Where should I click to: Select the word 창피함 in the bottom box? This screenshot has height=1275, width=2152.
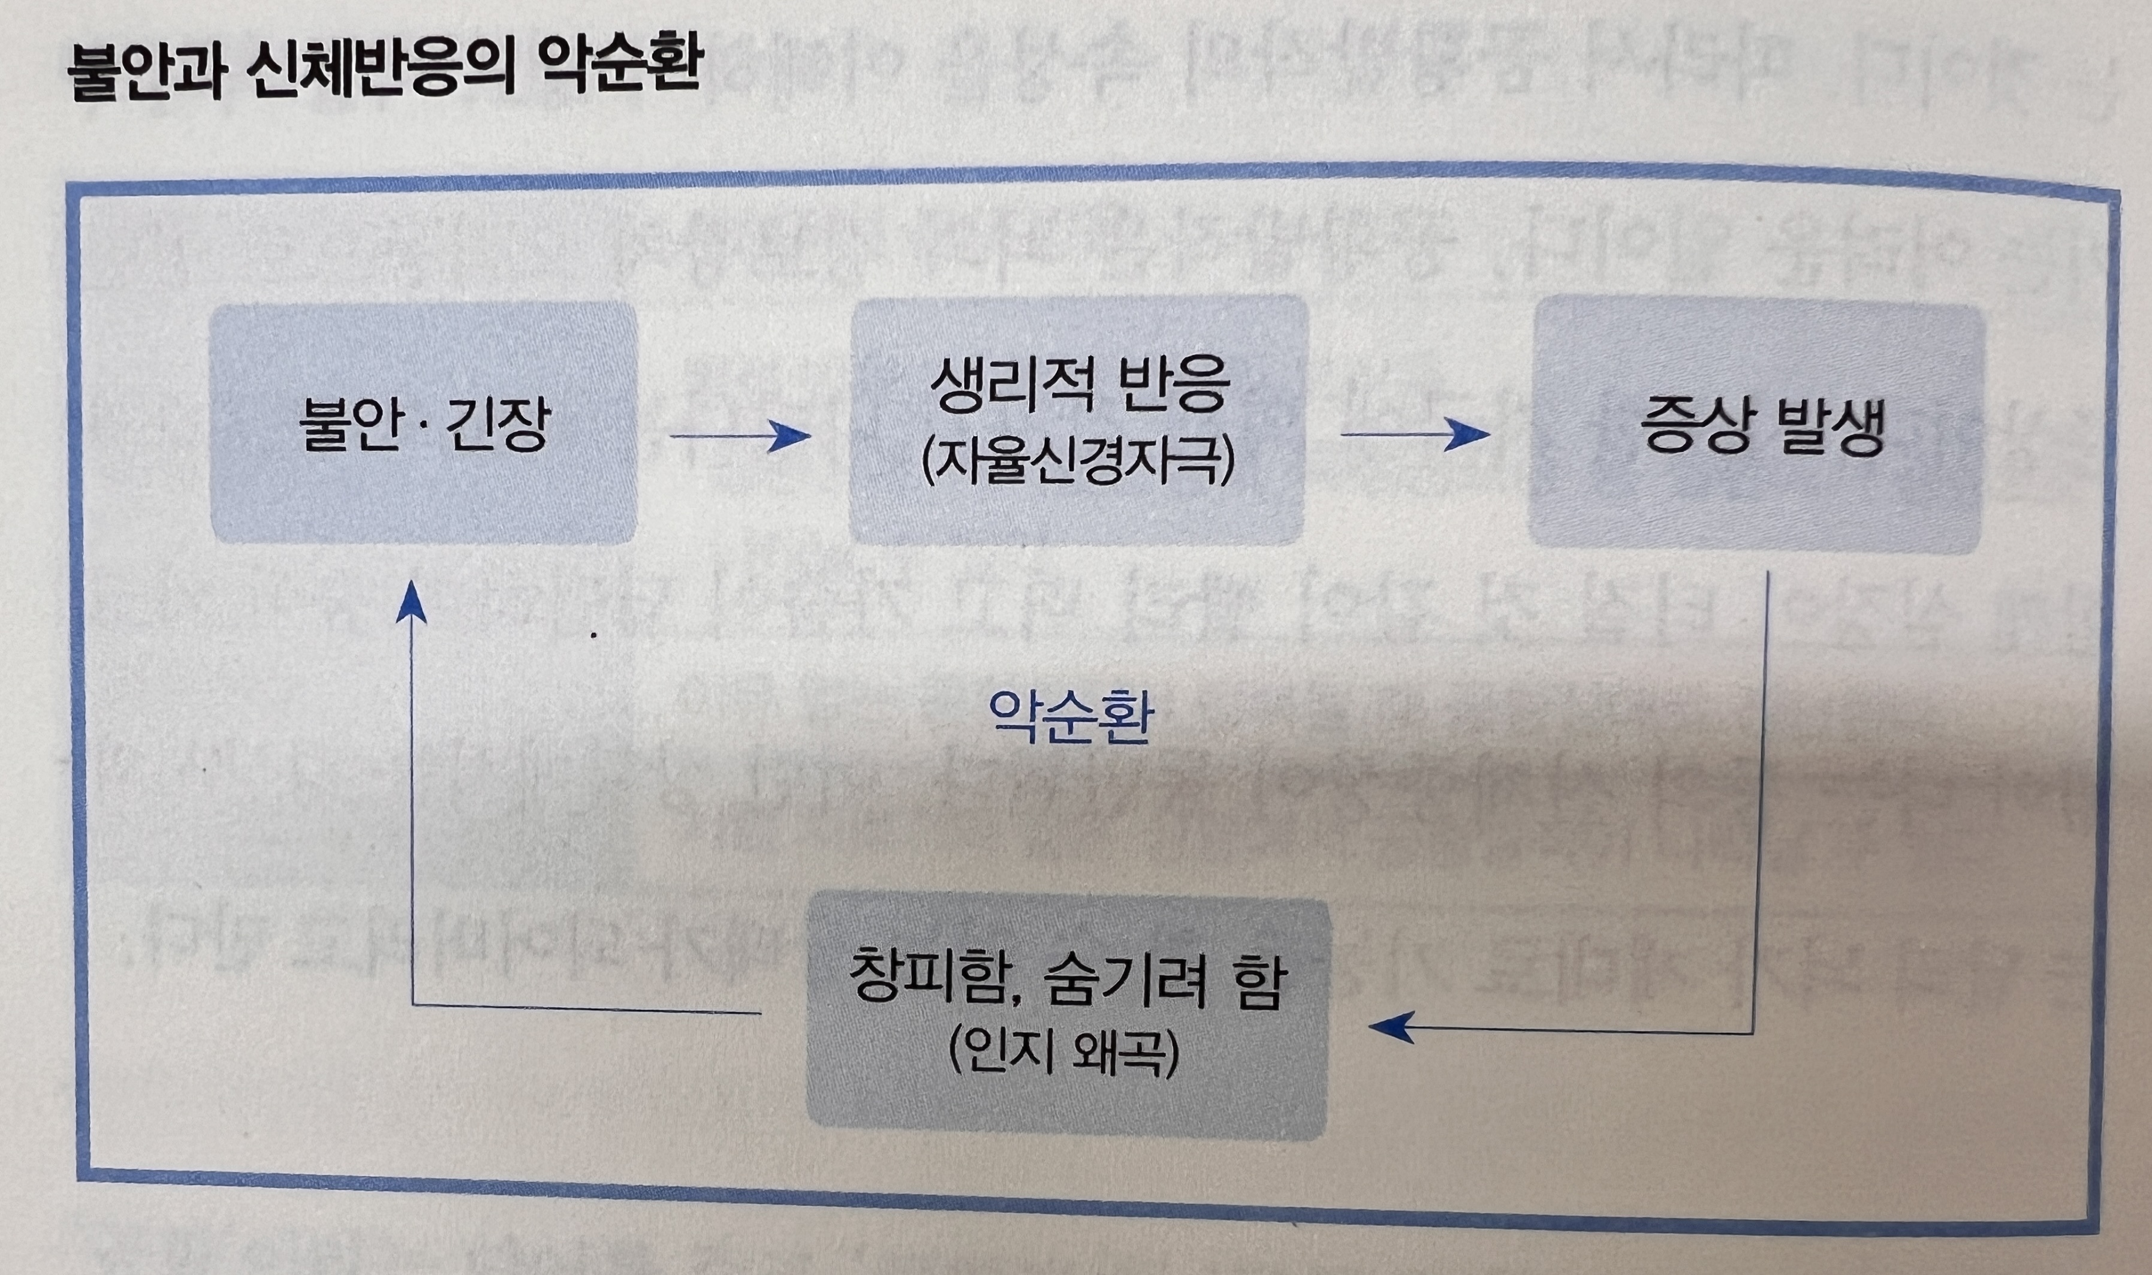click(928, 983)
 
